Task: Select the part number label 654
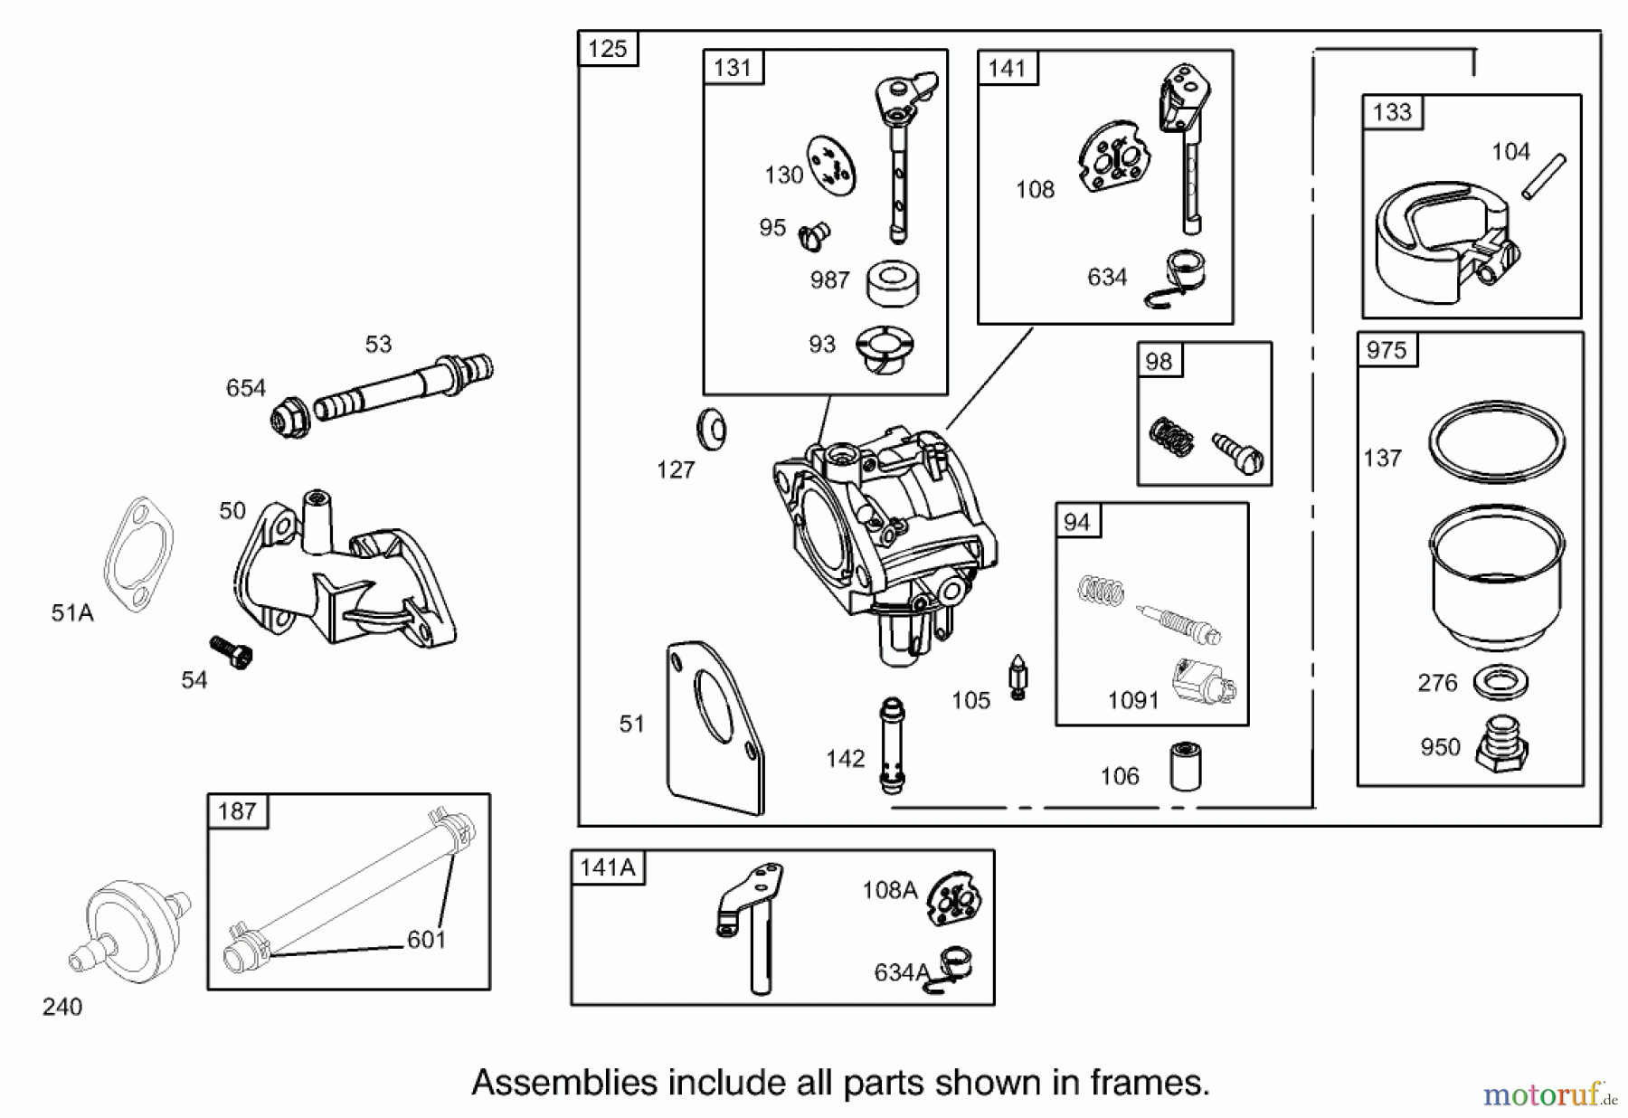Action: tap(245, 388)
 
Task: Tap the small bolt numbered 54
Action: tap(232, 652)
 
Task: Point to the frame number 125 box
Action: tap(608, 48)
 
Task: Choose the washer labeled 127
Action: tap(712, 429)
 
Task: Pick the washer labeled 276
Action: tap(1500, 683)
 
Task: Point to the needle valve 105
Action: tap(1018, 677)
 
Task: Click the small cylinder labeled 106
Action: tap(1185, 766)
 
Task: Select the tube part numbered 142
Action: tap(892, 744)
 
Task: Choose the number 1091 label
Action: tap(1133, 700)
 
